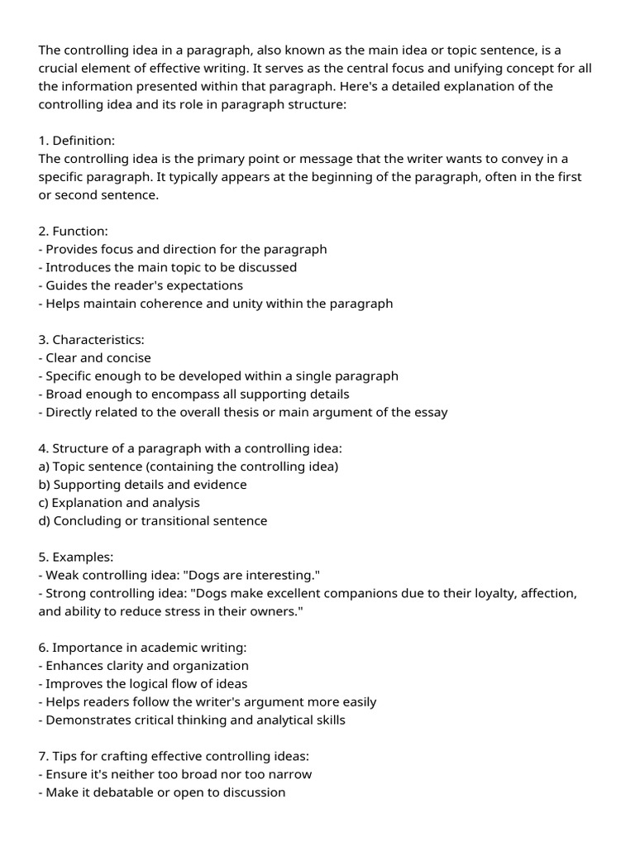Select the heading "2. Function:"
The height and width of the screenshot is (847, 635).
[74, 232]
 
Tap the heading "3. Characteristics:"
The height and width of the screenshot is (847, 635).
[92, 340]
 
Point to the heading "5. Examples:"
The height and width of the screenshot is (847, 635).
[76, 557]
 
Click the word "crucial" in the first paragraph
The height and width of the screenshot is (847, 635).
[60, 69]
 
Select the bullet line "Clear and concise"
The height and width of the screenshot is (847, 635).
[98, 358]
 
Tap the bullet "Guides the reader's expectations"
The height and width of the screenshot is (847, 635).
[144, 285]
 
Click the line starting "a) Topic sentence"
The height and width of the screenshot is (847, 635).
[189, 467]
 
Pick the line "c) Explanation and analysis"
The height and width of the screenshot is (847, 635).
[119, 503]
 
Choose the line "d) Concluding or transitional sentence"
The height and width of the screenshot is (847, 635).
[153, 521]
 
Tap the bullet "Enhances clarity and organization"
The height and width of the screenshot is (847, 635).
[147, 666]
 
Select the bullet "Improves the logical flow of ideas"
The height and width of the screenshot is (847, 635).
[146, 684]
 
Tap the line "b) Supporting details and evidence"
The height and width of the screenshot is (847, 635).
[142, 485]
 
